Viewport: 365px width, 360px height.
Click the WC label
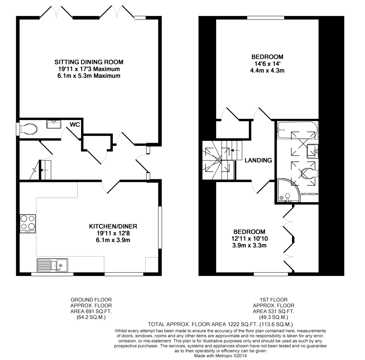[75, 125]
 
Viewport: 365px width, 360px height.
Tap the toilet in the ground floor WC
[28, 129]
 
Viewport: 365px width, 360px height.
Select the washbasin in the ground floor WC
[54, 124]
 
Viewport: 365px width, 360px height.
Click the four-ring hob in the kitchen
[28, 224]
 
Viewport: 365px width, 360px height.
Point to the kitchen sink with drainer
[52, 265]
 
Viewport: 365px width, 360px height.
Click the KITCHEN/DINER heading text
[113, 226]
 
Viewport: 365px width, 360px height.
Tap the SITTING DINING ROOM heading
[89, 62]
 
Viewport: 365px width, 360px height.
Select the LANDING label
[258, 160]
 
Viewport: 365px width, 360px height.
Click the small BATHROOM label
[309, 194]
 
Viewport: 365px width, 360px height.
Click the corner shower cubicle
[289, 190]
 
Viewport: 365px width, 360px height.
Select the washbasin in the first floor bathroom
[313, 151]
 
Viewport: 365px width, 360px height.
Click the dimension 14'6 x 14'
[267, 63]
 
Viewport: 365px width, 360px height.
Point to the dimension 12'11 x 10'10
[249, 238]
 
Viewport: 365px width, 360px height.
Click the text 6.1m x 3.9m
[113, 240]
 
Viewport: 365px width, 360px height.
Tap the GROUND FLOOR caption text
[91, 300]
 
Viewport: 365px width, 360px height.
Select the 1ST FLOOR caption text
[274, 300]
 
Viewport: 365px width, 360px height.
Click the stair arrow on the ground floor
[45, 170]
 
